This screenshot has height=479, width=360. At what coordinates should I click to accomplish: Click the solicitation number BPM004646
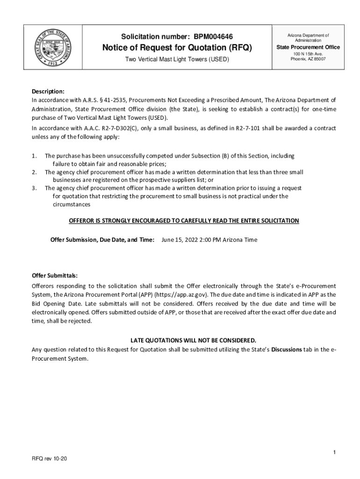(213, 36)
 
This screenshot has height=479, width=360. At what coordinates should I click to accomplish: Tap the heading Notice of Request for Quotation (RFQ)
(177, 48)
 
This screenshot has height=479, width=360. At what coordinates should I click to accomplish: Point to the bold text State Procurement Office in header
(308, 47)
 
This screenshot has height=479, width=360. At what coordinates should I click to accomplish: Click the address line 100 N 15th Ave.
(308, 54)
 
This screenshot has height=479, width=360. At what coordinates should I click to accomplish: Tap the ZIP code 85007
(319, 59)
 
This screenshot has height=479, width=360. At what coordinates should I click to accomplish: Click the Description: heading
(48, 91)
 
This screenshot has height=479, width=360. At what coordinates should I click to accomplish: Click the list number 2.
(34, 172)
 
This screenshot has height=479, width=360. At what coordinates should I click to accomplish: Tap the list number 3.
(34, 188)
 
